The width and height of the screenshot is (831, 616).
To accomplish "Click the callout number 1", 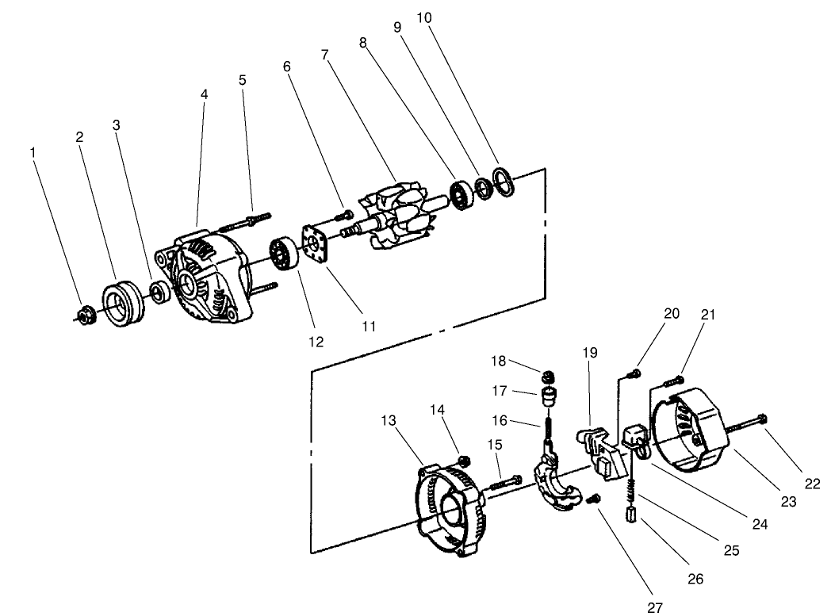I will [x=33, y=151].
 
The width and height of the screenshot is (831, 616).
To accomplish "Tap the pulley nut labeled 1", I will [x=86, y=315].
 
